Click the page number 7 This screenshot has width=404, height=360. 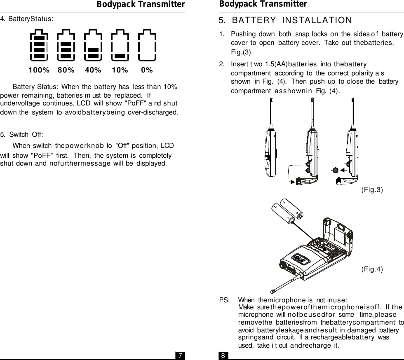tap(180, 355)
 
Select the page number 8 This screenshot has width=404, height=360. tap(223, 355)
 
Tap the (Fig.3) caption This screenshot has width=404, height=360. tap(372, 189)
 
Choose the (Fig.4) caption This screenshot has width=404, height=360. tap(372, 269)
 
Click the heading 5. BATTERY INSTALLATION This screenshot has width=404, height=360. tap(285, 21)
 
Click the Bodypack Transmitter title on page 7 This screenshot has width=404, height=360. tap(141, 5)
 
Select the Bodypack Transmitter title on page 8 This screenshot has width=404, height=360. tap(263, 4)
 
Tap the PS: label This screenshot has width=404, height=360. tap(224, 300)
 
